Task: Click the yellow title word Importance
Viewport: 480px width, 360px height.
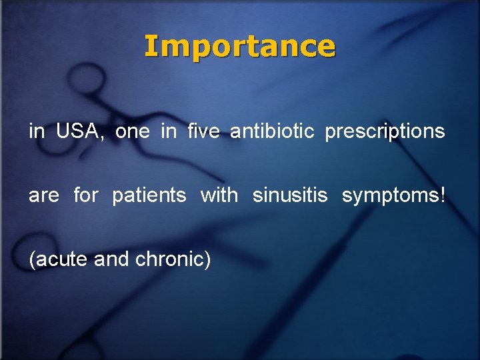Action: click(240, 47)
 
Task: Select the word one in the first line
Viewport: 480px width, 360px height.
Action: click(133, 131)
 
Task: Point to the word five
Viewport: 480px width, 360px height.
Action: click(204, 131)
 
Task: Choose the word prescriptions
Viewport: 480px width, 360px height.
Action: click(385, 132)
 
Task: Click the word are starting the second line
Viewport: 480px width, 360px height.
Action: click(43, 196)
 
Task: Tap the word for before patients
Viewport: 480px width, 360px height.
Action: click(85, 195)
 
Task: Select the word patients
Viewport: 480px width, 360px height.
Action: click(149, 196)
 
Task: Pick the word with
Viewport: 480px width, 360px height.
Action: click(219, 195)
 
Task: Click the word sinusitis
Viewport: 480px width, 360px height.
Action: click(290, 195)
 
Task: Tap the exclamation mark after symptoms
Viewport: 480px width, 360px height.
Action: click(443, 195)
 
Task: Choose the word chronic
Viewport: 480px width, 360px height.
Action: click(169, 259)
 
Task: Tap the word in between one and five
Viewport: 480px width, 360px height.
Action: click(169, 131)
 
